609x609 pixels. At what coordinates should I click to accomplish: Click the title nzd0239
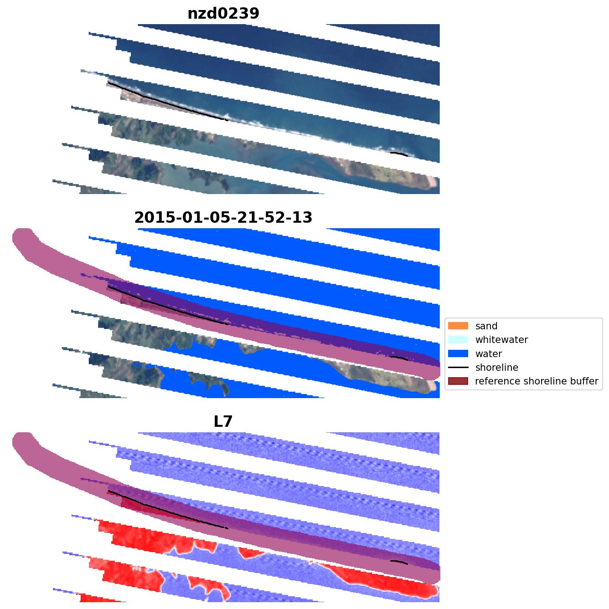(x=223, y=14)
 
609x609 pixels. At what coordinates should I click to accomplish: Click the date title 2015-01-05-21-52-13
(x=223, y=218)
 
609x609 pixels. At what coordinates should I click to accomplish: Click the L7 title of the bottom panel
(x=223, y=422)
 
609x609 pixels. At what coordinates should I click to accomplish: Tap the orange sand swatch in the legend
(x=458, y=326)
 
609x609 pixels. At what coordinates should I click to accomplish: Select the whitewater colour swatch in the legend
(x=458, y=339)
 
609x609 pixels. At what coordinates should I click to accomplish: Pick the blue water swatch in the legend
(x=458, y=353)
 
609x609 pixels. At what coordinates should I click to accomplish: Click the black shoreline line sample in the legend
(x=458, y=367)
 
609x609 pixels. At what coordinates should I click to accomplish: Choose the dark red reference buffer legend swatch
(x=458, y=381)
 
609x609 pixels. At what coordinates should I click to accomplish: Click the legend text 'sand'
(x=486, y=326)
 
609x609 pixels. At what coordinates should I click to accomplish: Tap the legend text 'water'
(x=488, y=354)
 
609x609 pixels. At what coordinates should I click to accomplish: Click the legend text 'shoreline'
(x=496, y=368)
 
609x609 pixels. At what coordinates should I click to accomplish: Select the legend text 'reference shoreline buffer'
(x=536, y=381)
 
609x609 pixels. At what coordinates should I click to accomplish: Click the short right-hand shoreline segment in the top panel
(x=399, y=154)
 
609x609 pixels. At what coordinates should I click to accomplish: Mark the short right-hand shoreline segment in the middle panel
(x=399, y=358)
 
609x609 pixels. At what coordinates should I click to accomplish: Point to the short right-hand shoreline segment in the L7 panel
(x=399, y=562)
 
